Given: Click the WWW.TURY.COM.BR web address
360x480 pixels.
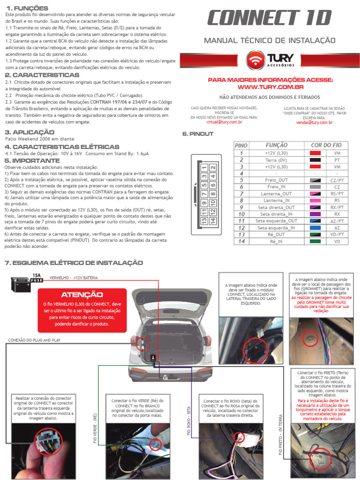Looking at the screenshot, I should pyautogui.click(x=270, y=87).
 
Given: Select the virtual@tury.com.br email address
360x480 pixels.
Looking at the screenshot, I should pyautogui.click(x=224, y=122).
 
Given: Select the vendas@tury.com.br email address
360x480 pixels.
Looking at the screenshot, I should pyautogui.click(x=314, y=122).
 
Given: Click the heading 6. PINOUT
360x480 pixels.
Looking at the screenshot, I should pyautogui.click(x=197, y=134).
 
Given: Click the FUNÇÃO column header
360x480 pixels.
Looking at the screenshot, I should pyautogui.click(x=277, y=145).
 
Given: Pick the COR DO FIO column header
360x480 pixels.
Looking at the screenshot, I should pyautogui.click(x=326, y=145).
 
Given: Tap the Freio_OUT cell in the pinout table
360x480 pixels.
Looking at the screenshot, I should pyautogui.click(x=277, y=180).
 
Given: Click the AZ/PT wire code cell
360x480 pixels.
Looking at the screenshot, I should pyautogui.click(x=337, y=221).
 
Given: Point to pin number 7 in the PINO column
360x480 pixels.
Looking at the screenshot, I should pyautogui.click(x=241, y=194).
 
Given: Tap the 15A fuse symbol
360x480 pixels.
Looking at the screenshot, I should pyautogui.click(x=36, y=278).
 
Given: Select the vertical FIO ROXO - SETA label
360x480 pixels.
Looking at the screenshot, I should pyautogui.click(x=189, y=421).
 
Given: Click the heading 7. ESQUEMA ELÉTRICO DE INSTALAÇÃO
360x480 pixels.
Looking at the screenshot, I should pyautogui.click(x=73, y=263).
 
